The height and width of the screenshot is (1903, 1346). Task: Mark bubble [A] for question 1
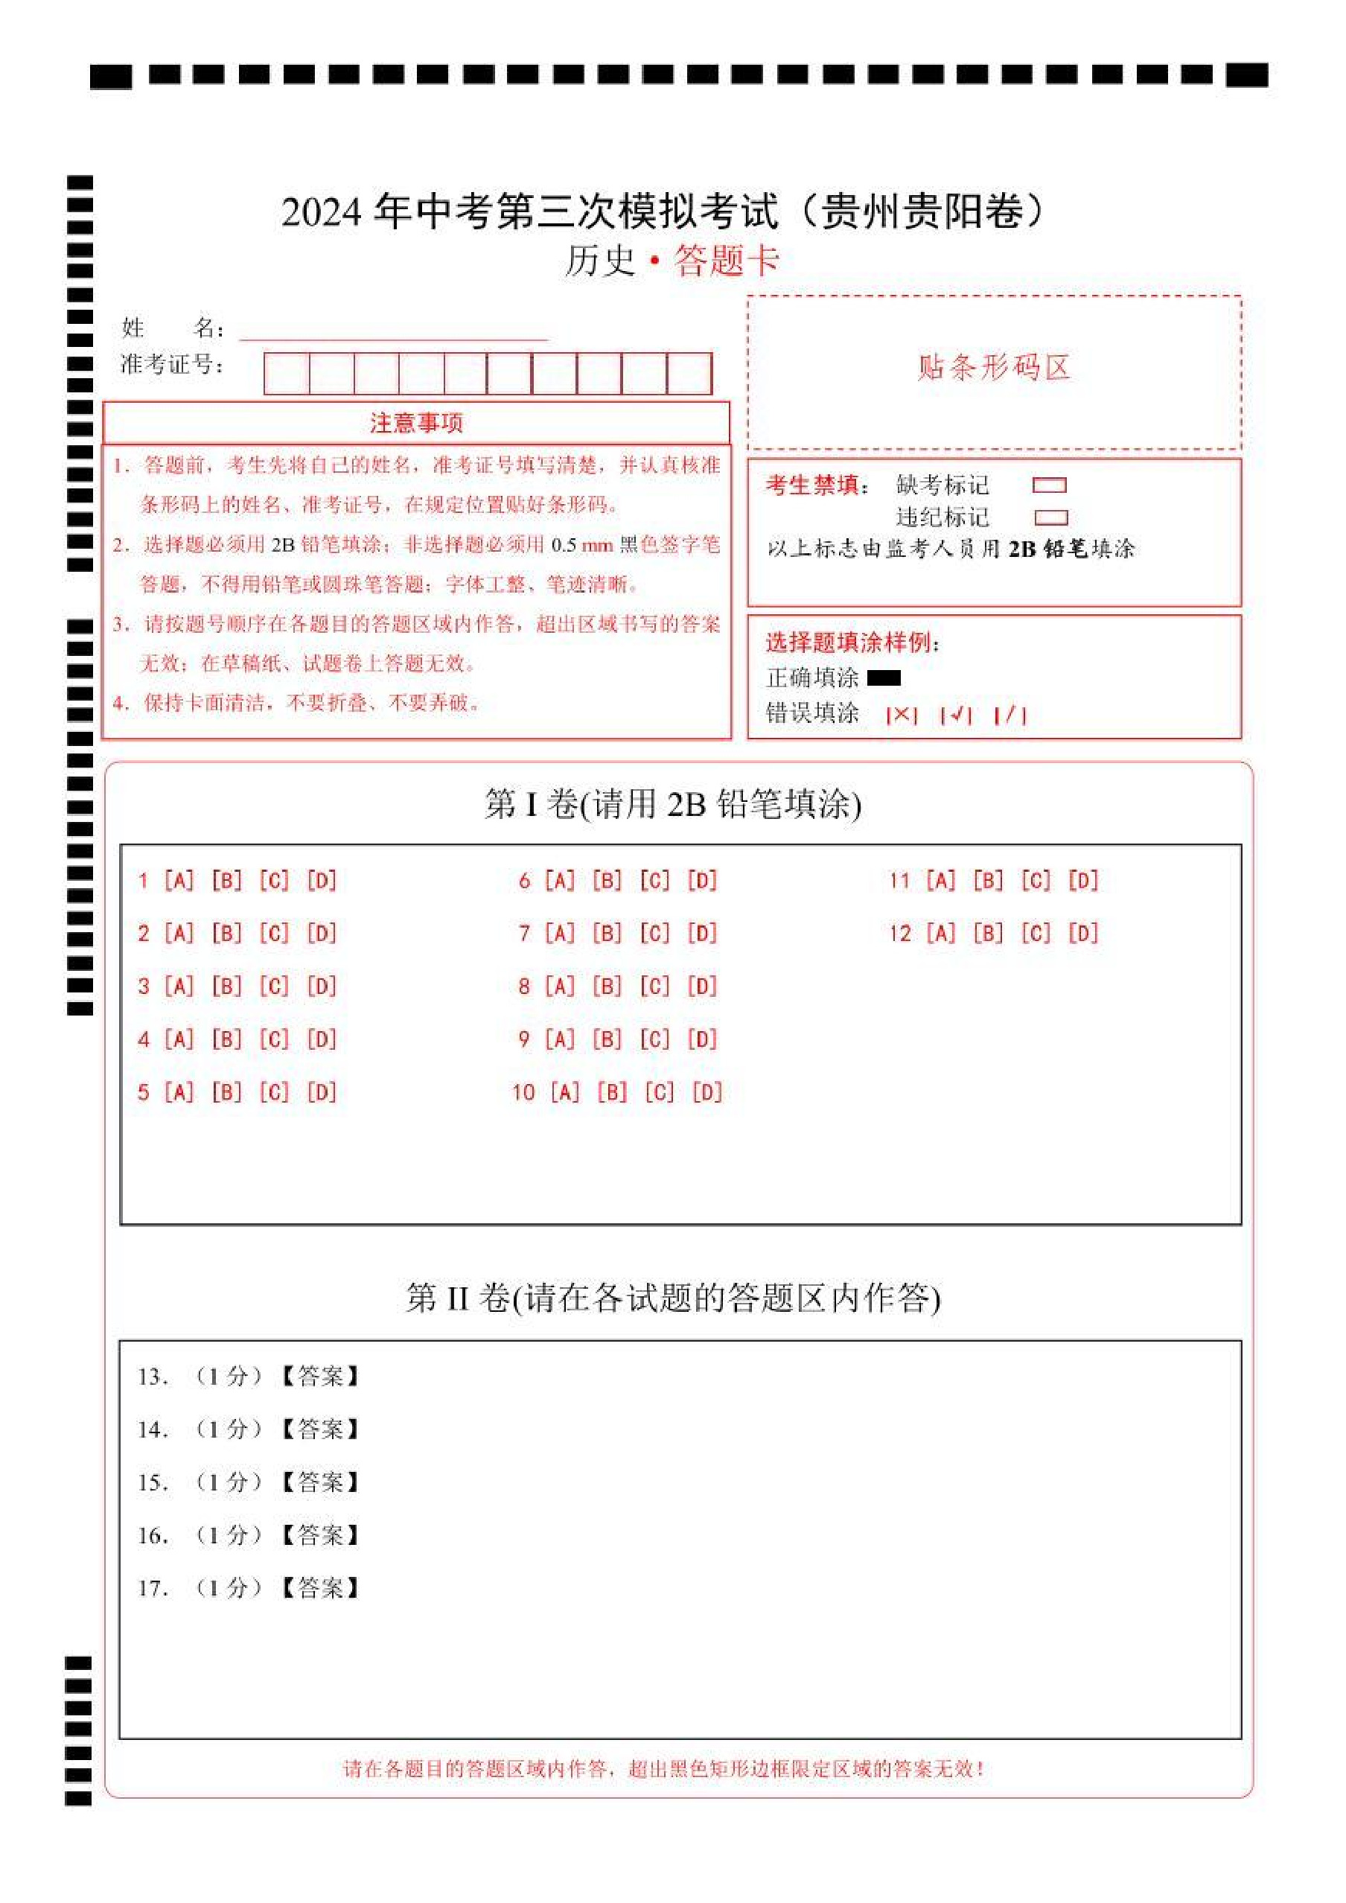pos(179,880)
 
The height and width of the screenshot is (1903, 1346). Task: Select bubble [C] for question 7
pos(655,934)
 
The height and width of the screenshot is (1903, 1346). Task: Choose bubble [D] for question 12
pos(1083,934)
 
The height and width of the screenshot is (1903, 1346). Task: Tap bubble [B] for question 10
pos(613,1092)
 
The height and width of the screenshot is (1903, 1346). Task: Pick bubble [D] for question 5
pos(322,1092)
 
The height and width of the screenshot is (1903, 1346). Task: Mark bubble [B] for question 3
pos(226,986)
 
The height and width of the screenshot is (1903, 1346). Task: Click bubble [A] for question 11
pos(941,880)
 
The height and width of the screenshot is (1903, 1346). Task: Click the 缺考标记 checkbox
pos(1049,485)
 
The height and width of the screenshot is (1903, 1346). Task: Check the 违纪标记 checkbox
pos(1051,518)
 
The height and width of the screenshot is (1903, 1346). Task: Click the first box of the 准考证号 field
pos(287,374)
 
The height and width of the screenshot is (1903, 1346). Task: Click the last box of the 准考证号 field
pos(689,374)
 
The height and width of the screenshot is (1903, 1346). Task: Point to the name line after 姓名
pos(394,331)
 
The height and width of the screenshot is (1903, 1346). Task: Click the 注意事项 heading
pos(416,424)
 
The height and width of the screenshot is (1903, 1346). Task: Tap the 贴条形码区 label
pos(994,367)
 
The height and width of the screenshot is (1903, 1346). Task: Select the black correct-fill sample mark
pos(884,678)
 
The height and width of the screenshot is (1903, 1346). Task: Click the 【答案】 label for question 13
pos(320,1377)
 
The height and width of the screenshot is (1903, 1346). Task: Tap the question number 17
pos(153,1589)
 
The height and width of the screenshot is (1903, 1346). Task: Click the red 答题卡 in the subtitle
pos(726,261)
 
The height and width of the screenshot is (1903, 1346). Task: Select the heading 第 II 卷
pos(458,1298)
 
